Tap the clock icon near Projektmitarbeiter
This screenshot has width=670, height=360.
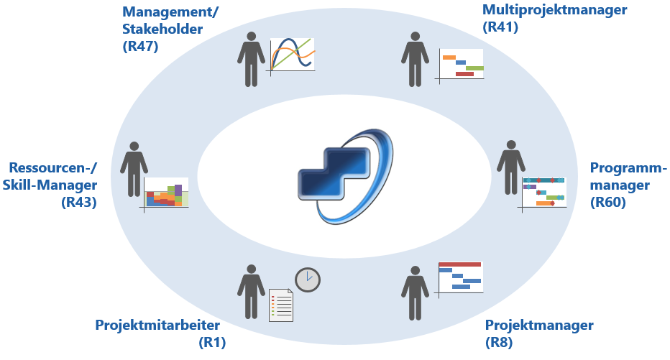point(307,279)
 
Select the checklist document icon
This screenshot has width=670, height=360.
point(281,305)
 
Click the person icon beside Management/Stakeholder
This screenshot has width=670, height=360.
point(250,59)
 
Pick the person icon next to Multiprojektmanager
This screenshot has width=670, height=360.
point(415,59)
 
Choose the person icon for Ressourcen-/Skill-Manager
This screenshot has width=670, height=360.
point(134,168)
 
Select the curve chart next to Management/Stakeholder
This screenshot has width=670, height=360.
point(293,56)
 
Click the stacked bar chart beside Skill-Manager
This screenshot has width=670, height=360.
point(167,193)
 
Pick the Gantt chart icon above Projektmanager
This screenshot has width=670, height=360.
point(460,277)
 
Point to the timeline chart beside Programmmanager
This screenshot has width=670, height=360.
point(543,193)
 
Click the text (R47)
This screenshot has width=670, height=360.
point(140,47)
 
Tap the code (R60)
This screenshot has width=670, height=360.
point(607,203)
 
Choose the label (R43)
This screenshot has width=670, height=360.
point(79,203)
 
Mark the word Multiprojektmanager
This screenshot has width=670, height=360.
point(555,10)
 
